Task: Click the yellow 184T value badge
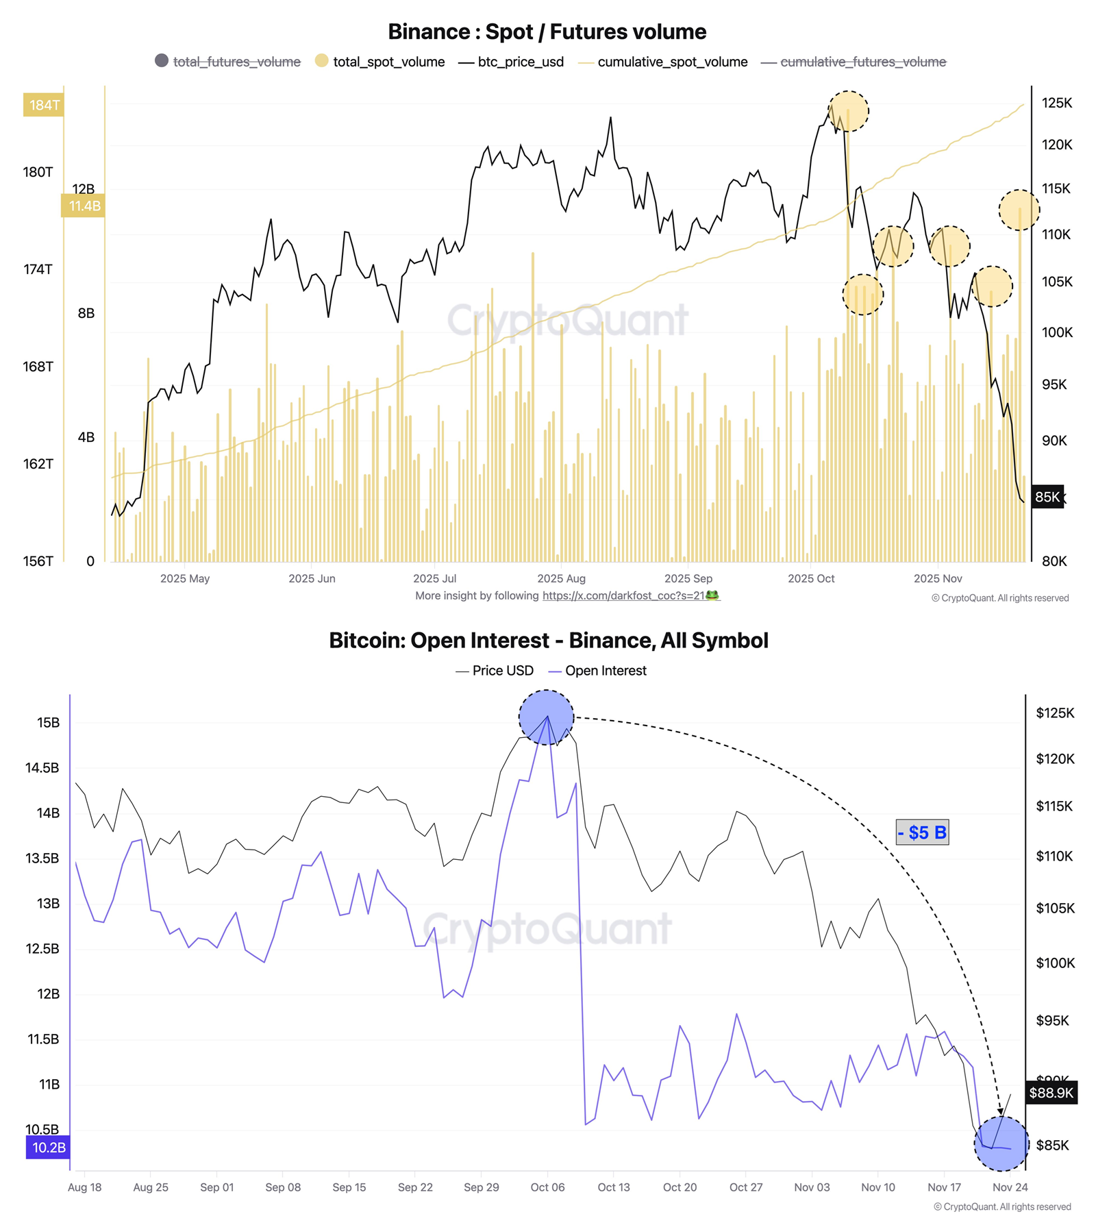point(44,105)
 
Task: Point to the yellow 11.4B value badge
point(84,206)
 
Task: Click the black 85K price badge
point(1047,497)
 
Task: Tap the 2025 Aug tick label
point(561,578)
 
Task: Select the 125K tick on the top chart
point(1056,103)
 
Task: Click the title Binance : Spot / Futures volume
point(547,32)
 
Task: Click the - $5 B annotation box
point(922,832)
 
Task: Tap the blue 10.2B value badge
point(48,1147)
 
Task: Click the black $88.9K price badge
point(1051,1092)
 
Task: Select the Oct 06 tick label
point(547,1187)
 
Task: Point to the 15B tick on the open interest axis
point(48,722)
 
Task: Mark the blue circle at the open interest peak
point(546,717)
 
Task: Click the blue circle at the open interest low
point(1001,1143)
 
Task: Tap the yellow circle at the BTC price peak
point(848,110)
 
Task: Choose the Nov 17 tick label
point(944,1187)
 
